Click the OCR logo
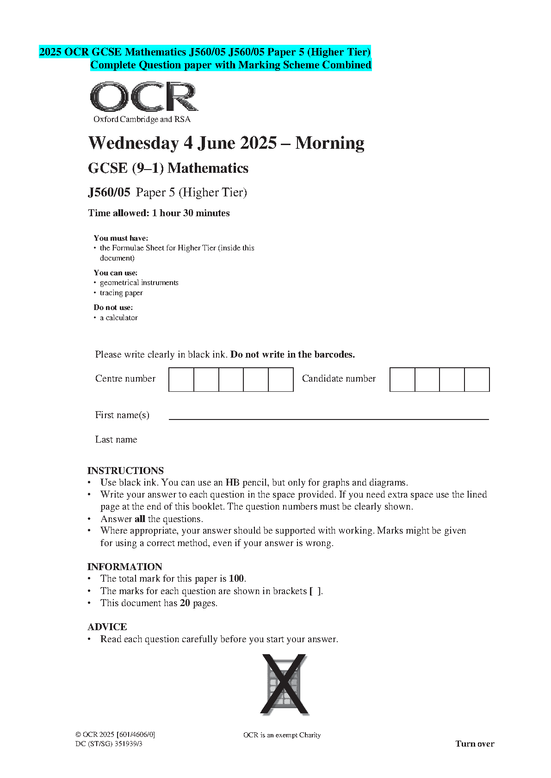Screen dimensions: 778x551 (x=144, y=97)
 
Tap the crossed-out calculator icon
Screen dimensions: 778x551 (x=285, y=685)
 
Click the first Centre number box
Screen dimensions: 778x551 (x=181, y=379)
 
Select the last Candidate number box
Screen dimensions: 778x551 (x=477, y=379)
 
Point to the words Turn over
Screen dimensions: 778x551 (x=475, y=744)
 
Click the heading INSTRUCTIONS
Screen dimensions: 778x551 (x=125, y=471)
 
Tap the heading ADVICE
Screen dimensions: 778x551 (x=107, y=627)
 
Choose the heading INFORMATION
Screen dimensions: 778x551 (x=125, y=567)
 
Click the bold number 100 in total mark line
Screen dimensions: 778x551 (x=236, y=579)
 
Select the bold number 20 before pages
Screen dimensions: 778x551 (x=185, y=603)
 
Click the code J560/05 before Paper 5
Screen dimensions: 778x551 (x=109, y=192)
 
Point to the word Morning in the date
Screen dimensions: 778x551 (x=329, y=143)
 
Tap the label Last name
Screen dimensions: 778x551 (x=116, y=440)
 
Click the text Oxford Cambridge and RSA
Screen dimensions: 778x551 (x=142, y=119)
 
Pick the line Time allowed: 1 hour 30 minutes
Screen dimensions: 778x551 (x=159, y=213)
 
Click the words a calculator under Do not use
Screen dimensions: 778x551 (x=119, y=318)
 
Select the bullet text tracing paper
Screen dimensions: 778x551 (x=121, y=293)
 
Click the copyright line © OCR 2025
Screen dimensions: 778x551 (x=115, y=735)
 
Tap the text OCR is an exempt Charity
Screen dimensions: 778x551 (x=282, y=735)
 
